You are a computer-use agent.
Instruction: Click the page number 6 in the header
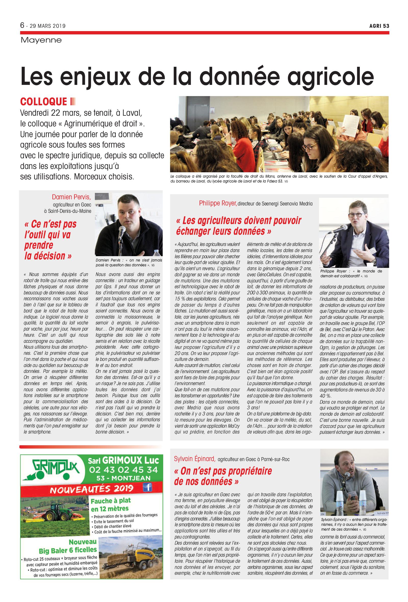pos(22,25)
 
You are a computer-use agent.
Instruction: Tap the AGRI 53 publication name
pos(379,26)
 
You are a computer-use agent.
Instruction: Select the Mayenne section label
pos(41,40)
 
